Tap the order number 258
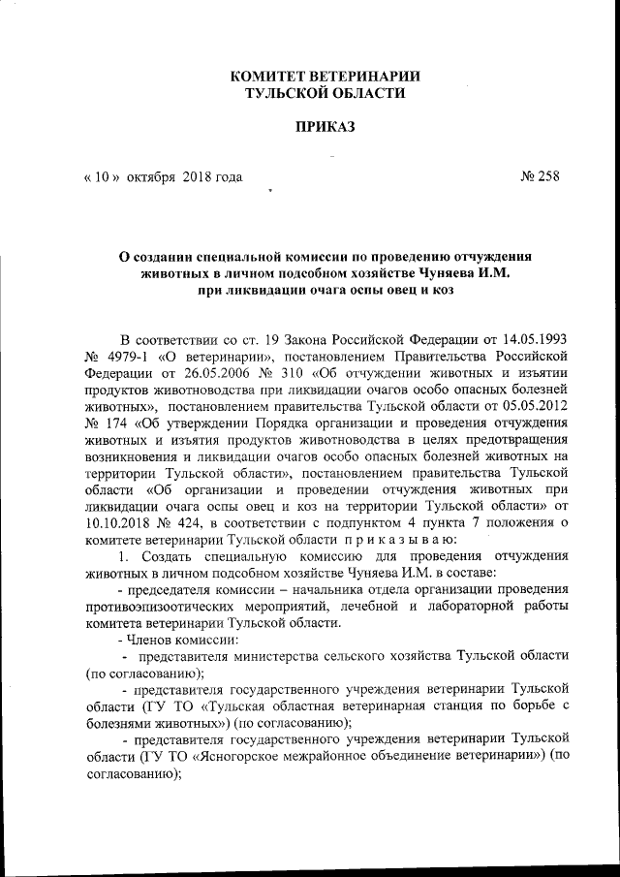tap(548, 176)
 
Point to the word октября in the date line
tap(152, 176)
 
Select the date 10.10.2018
tap(119, 520)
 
